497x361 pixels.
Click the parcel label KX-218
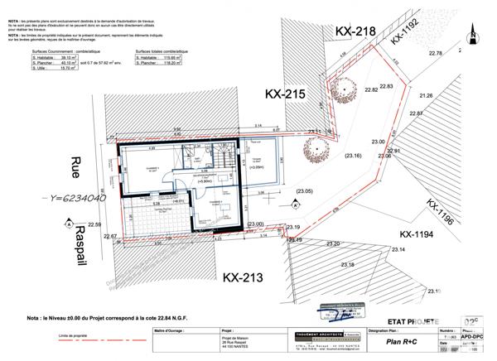click(x=355, y=31)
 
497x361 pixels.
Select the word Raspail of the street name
click(x=79, y=238)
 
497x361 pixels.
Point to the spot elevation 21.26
click(x=426, y=96)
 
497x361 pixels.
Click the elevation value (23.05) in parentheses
click(x=304, y=192)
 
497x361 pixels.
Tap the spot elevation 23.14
click(x=398, y=249)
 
